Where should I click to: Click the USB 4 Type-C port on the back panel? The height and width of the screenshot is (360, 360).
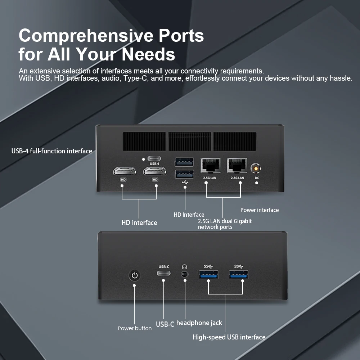tap(154, 158)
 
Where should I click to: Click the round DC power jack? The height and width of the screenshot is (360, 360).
tap(256, 168)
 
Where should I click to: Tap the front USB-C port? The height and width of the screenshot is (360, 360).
tap(164, 273)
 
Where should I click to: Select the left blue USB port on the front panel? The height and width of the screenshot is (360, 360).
tap(208, 275)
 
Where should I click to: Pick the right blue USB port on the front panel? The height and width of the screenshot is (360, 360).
tap(238, 275)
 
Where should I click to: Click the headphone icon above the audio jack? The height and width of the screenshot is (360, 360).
tap(185, 267)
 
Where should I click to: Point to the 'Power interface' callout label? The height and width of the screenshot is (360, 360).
tap(259, 210)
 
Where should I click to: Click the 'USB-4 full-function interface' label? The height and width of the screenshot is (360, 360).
tap(52, 151)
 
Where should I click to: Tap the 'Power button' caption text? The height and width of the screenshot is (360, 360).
tap(135, 328)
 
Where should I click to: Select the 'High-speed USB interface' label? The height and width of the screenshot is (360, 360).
tap(229, 337)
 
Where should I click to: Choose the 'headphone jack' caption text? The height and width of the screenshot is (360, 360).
tap(199, 323)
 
